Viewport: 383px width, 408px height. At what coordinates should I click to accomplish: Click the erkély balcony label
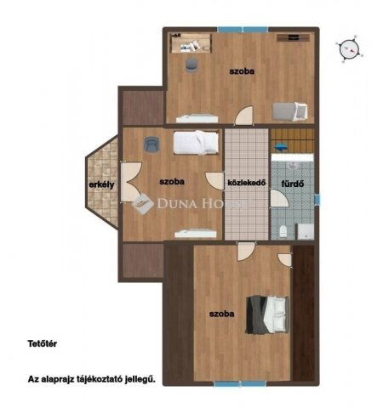[101, 184]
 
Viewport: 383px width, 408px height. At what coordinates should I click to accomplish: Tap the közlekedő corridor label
[247, 183]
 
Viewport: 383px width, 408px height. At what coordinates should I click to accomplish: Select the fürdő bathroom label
[293, 184]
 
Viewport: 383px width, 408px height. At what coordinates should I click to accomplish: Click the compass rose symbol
[349, 49]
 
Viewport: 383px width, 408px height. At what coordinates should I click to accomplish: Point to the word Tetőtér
[43, 343]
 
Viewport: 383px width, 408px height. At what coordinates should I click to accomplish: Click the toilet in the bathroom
[283, 231]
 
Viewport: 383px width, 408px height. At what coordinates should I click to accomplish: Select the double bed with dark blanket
[267, 314]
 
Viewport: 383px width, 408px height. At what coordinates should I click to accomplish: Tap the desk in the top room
[191, 43]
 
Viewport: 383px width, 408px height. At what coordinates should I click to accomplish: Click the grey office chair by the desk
[191, 65]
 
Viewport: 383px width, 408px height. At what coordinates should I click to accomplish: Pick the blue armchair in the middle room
[151, 144]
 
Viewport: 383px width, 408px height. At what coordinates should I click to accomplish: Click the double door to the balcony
[129, 182]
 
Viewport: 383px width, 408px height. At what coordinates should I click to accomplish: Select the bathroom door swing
[278, 198]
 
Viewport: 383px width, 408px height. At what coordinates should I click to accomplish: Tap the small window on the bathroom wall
[317, 199]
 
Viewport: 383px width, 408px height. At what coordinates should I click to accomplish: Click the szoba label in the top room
[242, 71]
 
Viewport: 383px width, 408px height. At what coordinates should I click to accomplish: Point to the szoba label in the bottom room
[222, 314]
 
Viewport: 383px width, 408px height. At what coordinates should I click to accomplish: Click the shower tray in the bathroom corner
[306, 231]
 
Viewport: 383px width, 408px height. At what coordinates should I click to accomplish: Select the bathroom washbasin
[292, 165]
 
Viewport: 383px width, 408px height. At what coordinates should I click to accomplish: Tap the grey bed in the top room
[290, 110]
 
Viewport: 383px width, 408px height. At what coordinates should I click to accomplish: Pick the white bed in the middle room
[196, 143]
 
